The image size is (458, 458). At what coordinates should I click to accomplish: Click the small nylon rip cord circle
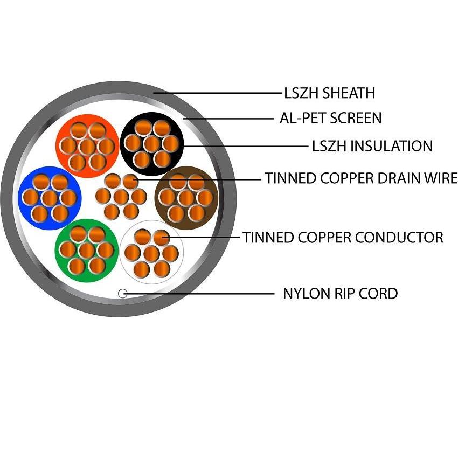(123, 293)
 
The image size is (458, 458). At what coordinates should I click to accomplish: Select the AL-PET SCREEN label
(330, 118)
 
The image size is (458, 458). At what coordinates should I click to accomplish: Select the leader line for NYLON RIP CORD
(199, 294)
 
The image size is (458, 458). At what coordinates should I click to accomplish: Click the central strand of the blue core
(50, 198)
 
